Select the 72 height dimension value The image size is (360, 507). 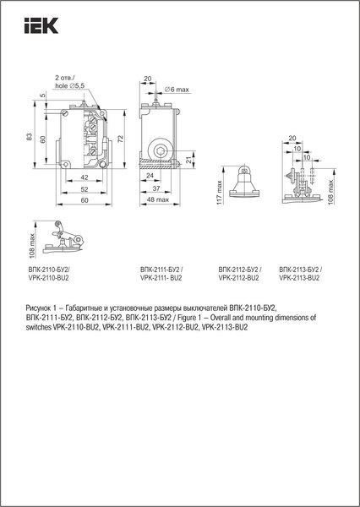click(124, 138)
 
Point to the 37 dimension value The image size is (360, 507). click(158, 189)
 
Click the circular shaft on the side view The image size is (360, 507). click(161, 152)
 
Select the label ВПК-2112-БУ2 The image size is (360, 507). click(239, 270)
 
